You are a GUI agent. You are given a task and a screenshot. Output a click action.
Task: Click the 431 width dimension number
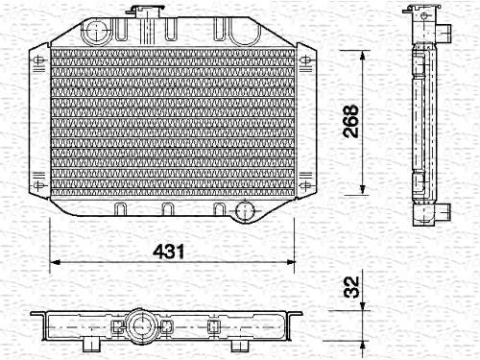coord(168,252)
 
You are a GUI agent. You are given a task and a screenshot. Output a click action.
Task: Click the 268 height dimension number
coord(350,121)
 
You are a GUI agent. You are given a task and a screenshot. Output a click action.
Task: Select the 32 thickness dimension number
coord(351,287)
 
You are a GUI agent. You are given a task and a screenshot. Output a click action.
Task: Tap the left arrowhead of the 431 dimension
coord(56,262)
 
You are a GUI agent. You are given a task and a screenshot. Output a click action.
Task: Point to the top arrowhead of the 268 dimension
coord(362,57)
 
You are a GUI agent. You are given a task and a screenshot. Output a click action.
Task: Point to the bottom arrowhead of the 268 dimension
coord(362,189)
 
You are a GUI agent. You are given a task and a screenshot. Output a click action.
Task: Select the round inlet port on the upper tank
coord(96,31)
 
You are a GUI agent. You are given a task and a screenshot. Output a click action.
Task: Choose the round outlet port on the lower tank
coord(245,210)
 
